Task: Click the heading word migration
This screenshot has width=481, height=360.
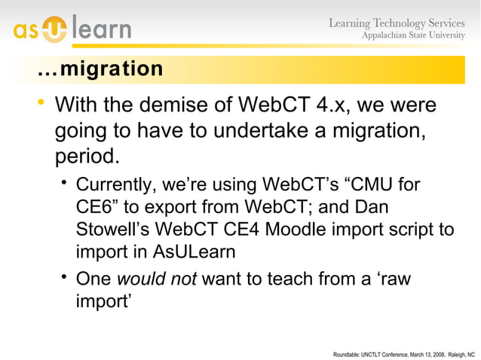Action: [112, 69]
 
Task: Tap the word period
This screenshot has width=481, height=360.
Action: [87, 157]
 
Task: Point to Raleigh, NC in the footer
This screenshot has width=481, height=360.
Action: [461, 352]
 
